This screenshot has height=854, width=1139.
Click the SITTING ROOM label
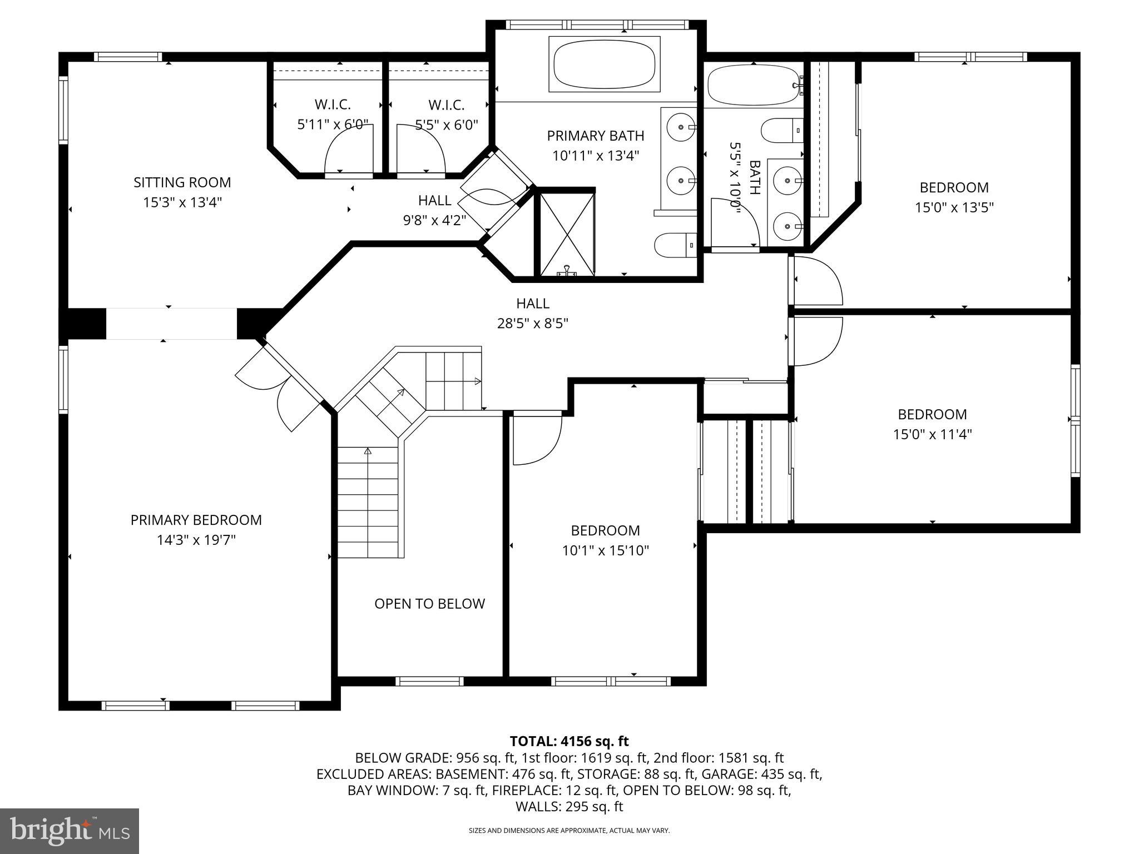pos(182,182)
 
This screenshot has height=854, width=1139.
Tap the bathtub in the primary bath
pos(604,64)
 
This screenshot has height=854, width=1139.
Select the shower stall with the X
pos(565,234)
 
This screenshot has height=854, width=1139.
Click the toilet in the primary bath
pos(675,245)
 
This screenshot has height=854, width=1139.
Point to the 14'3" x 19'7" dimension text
pos(196,540)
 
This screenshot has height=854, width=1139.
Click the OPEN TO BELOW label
pos(429,604)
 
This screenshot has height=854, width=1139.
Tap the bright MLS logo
pos(69,831)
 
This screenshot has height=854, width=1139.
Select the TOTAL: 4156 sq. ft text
pos(569,741)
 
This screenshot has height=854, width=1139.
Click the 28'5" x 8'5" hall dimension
pos(532,323)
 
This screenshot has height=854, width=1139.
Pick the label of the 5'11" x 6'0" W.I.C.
pos(333,105)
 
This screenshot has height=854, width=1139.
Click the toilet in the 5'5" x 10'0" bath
pos(781,131)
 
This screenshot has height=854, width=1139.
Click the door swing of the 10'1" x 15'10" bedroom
pos(535,439)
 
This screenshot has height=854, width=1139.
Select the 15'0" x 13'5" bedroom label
pos(954,187)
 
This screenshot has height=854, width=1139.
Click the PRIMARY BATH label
pos(595,136)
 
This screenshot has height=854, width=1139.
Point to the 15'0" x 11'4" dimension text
pos(932,434)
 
